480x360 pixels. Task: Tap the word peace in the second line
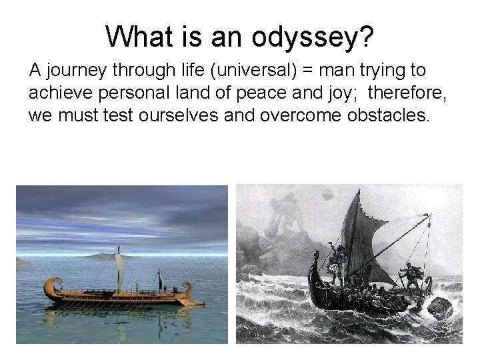272,94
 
